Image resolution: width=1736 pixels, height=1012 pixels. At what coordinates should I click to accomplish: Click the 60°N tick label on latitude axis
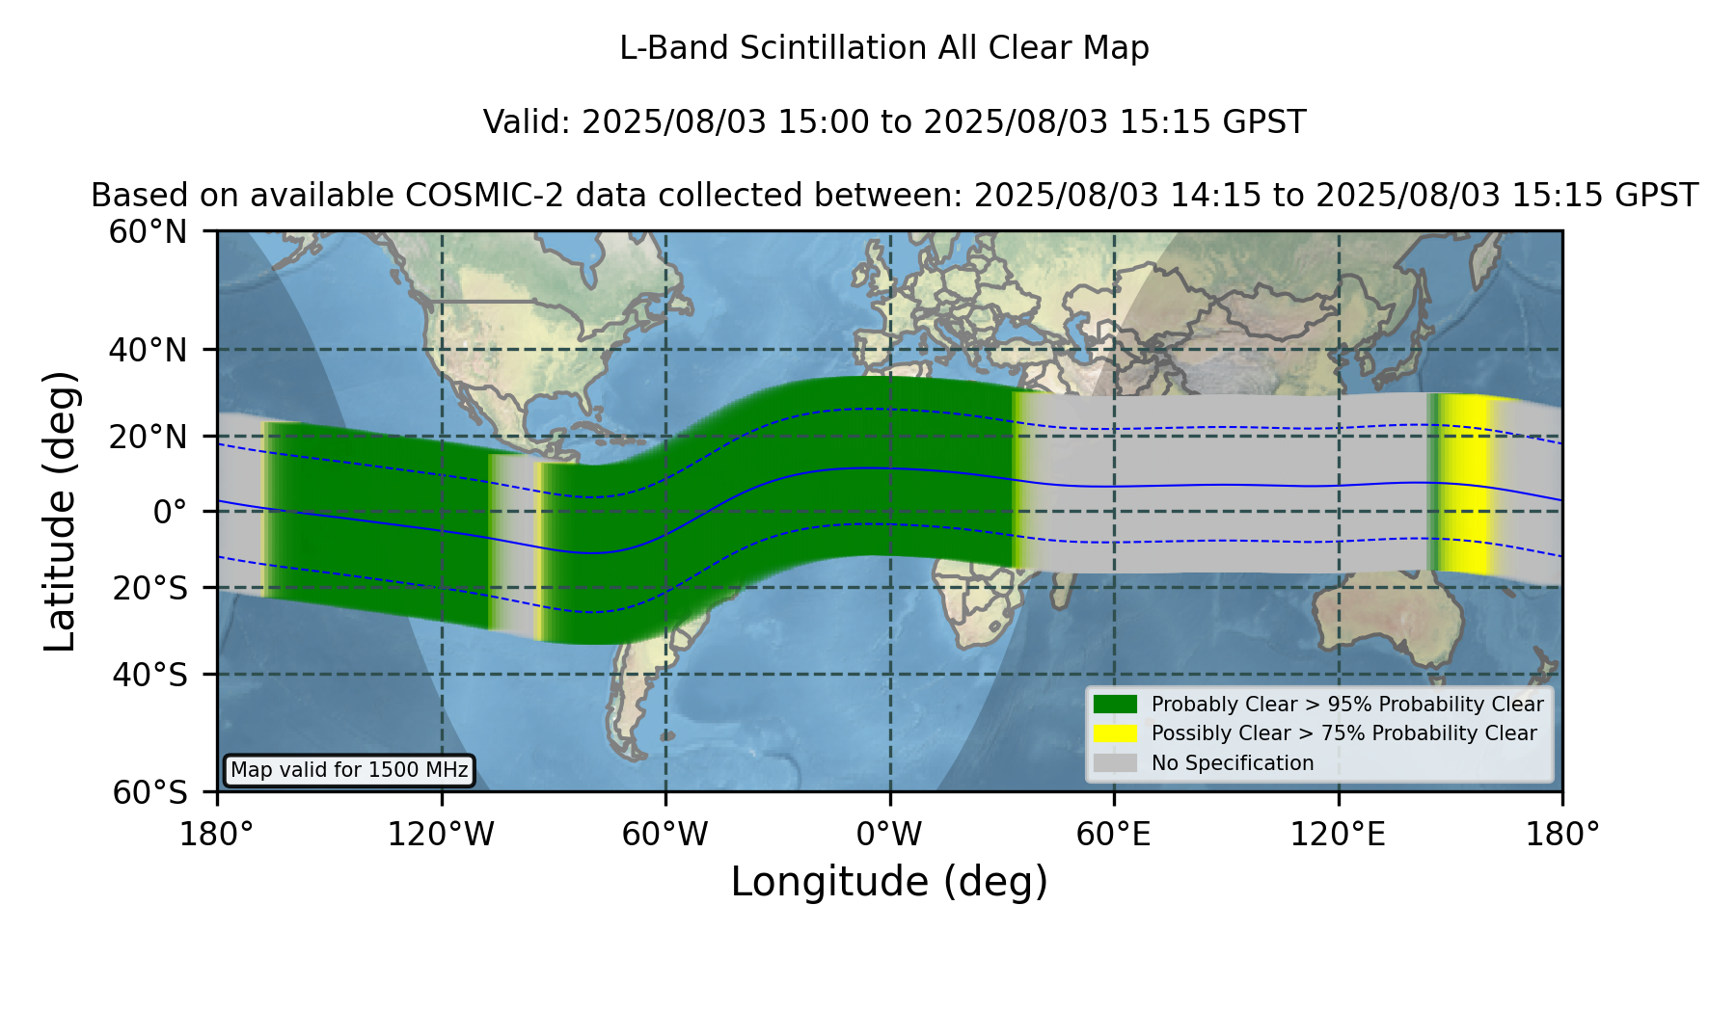click(x=149, y=232)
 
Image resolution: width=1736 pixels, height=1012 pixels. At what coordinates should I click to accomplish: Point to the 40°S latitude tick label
click(x=149, y=675)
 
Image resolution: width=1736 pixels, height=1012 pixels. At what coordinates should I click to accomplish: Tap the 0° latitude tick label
click(x=170, y=511)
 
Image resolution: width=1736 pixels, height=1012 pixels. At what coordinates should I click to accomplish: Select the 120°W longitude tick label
click(x=441, y=834)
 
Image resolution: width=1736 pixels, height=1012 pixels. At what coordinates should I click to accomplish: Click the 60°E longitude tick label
click(x=1114, y=834)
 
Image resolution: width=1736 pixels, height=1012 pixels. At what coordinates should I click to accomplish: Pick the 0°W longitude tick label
click(x=889, y=834)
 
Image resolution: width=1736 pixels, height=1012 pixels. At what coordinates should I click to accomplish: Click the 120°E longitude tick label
click(x=1338, y=834)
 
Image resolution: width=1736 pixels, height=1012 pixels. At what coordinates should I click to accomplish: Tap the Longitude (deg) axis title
click(x=889, y=882)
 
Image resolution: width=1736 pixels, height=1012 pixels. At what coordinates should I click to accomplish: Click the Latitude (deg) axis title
click(x=61, y=511)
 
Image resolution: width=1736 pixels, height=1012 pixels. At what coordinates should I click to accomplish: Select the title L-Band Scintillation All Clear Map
click(x=884, y=48)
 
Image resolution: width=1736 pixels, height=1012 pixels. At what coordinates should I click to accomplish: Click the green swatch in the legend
click(x=1115, y=704)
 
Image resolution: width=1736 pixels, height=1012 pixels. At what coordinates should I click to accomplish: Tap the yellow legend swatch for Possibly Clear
click(x=1115, y=732)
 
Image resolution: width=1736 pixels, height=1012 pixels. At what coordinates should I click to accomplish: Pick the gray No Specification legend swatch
click(x=1115, y=762)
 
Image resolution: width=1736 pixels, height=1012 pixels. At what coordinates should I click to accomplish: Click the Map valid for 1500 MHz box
click(x=349, y=770)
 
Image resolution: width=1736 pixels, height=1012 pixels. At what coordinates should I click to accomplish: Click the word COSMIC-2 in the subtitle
click(x=469, y=196)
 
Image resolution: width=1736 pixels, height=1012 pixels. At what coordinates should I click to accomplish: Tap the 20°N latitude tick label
click(x=149, y=437)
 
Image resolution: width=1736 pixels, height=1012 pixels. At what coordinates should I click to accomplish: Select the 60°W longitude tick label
click(x=665, y=834)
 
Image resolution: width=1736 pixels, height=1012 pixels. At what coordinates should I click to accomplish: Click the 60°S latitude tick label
click(x=149, y=792)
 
